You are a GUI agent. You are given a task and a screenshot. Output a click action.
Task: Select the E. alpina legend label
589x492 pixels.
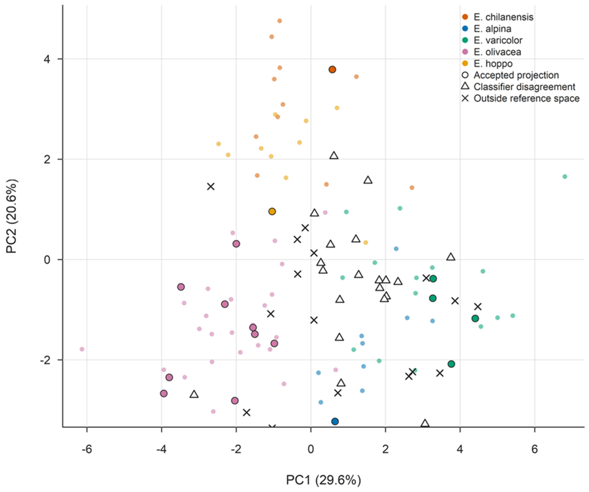(493, 29)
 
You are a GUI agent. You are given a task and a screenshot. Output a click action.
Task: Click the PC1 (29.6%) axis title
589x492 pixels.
(323, 480)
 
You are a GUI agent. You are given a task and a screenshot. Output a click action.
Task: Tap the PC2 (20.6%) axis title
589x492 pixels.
(12, 216)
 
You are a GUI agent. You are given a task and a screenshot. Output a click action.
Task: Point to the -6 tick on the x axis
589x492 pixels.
(87, 449)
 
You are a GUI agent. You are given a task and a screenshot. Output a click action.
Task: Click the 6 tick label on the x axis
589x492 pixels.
(535, 449)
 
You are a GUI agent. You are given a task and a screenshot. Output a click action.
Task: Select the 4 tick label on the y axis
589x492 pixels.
(47, 59)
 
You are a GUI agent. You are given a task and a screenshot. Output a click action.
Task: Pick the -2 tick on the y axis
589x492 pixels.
(45, 360)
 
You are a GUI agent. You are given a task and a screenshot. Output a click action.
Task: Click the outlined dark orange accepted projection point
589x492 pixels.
(332, 70)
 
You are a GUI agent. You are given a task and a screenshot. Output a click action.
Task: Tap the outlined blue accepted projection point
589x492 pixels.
(335, 421)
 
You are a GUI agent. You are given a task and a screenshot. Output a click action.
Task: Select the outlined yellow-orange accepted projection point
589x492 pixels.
(272, 212)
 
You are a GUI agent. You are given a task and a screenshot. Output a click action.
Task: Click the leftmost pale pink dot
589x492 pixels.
(82, 349)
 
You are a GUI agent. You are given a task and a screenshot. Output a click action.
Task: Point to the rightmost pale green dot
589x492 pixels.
(565, 177)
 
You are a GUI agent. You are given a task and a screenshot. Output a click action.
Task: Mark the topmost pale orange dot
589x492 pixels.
(280, 21)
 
